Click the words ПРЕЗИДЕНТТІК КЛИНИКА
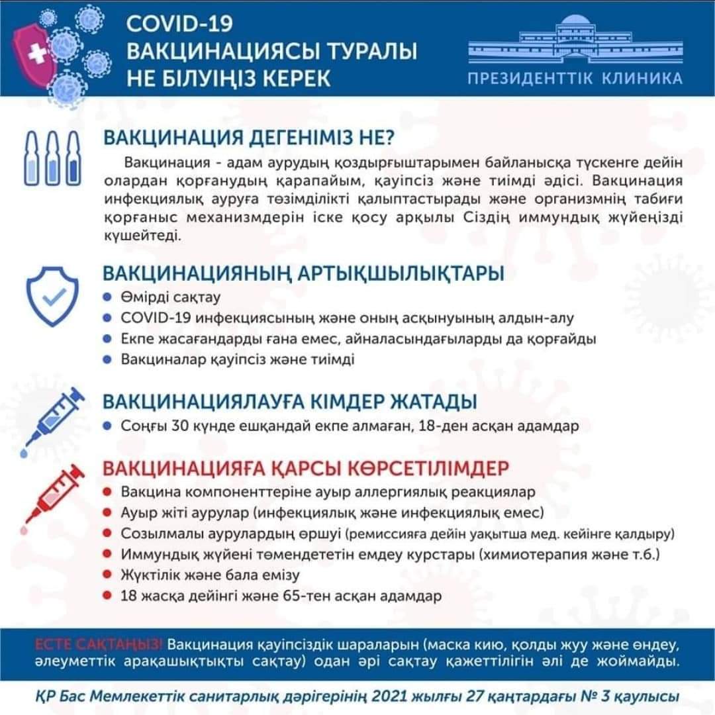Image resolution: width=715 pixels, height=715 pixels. click(575, 79)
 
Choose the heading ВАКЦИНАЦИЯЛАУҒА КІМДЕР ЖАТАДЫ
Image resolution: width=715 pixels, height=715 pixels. click(289, 401)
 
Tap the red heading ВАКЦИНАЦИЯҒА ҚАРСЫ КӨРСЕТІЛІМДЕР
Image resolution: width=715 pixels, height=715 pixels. click(305, 468)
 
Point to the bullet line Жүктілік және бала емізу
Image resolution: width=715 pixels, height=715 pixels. click(211, 575)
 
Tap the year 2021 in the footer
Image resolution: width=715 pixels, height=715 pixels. click(396, 696)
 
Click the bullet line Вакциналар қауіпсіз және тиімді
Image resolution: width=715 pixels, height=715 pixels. click(238, 360)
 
